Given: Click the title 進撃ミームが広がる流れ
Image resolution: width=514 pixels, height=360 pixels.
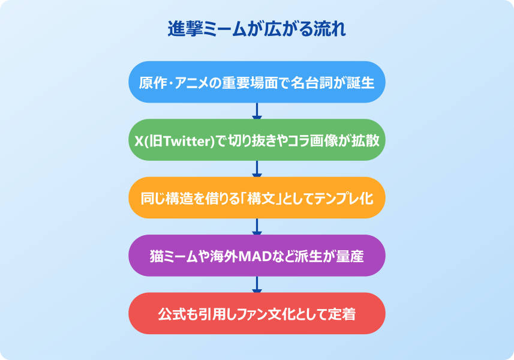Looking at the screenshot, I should (257, 29).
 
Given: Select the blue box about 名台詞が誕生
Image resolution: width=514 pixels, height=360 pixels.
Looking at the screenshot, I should (257, 82).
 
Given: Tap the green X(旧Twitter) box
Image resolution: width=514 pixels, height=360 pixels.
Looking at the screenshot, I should (257, 140).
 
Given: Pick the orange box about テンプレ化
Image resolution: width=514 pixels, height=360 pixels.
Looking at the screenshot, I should (257, 197).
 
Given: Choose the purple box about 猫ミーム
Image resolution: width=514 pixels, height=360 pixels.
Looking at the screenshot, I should (257, 256).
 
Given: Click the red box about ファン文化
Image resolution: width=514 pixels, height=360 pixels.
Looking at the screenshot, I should (257, 313).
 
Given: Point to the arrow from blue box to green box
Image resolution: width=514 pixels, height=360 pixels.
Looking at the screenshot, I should (257, 111).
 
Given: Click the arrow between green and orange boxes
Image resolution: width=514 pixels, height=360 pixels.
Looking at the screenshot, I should (257, 169).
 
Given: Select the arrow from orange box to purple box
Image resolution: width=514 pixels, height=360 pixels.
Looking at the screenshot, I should (257, 226).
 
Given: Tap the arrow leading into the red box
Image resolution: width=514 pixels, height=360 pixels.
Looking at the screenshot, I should (257, 284).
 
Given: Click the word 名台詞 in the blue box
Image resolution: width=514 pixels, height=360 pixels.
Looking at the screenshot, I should (314, 82).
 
